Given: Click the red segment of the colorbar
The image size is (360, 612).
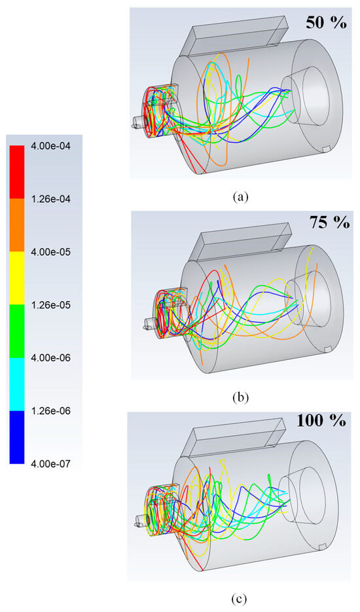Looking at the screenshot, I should [x=18, y=171].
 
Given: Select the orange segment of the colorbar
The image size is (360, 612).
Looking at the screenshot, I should [x=18, y=225].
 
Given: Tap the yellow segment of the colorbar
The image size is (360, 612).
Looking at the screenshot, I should [x=18, y=278].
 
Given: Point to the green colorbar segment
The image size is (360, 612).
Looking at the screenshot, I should [x=18, y=331].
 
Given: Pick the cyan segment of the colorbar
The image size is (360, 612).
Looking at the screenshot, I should [x=18, y=384].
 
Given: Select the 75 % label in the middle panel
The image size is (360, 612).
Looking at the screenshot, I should [x=329, y=223].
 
